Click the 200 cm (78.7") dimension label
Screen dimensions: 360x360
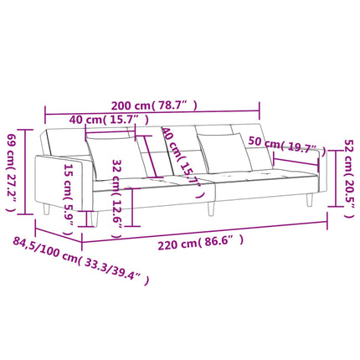click(x=154, y=105)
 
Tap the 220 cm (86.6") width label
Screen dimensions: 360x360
click(x=201, y=243)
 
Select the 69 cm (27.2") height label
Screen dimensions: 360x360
click(x=11, y=172)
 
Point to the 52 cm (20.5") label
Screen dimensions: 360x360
click(x=349, y=178)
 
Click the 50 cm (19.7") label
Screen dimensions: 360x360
click(x=287, y=145)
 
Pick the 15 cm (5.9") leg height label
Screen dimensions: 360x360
click(x=69, y=199)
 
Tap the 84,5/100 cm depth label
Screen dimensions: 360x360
click(x=81, y=260)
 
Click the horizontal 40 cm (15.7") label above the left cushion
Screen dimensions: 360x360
click(x=109, y=120)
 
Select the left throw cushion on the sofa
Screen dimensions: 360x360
click(x=116, y=157)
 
